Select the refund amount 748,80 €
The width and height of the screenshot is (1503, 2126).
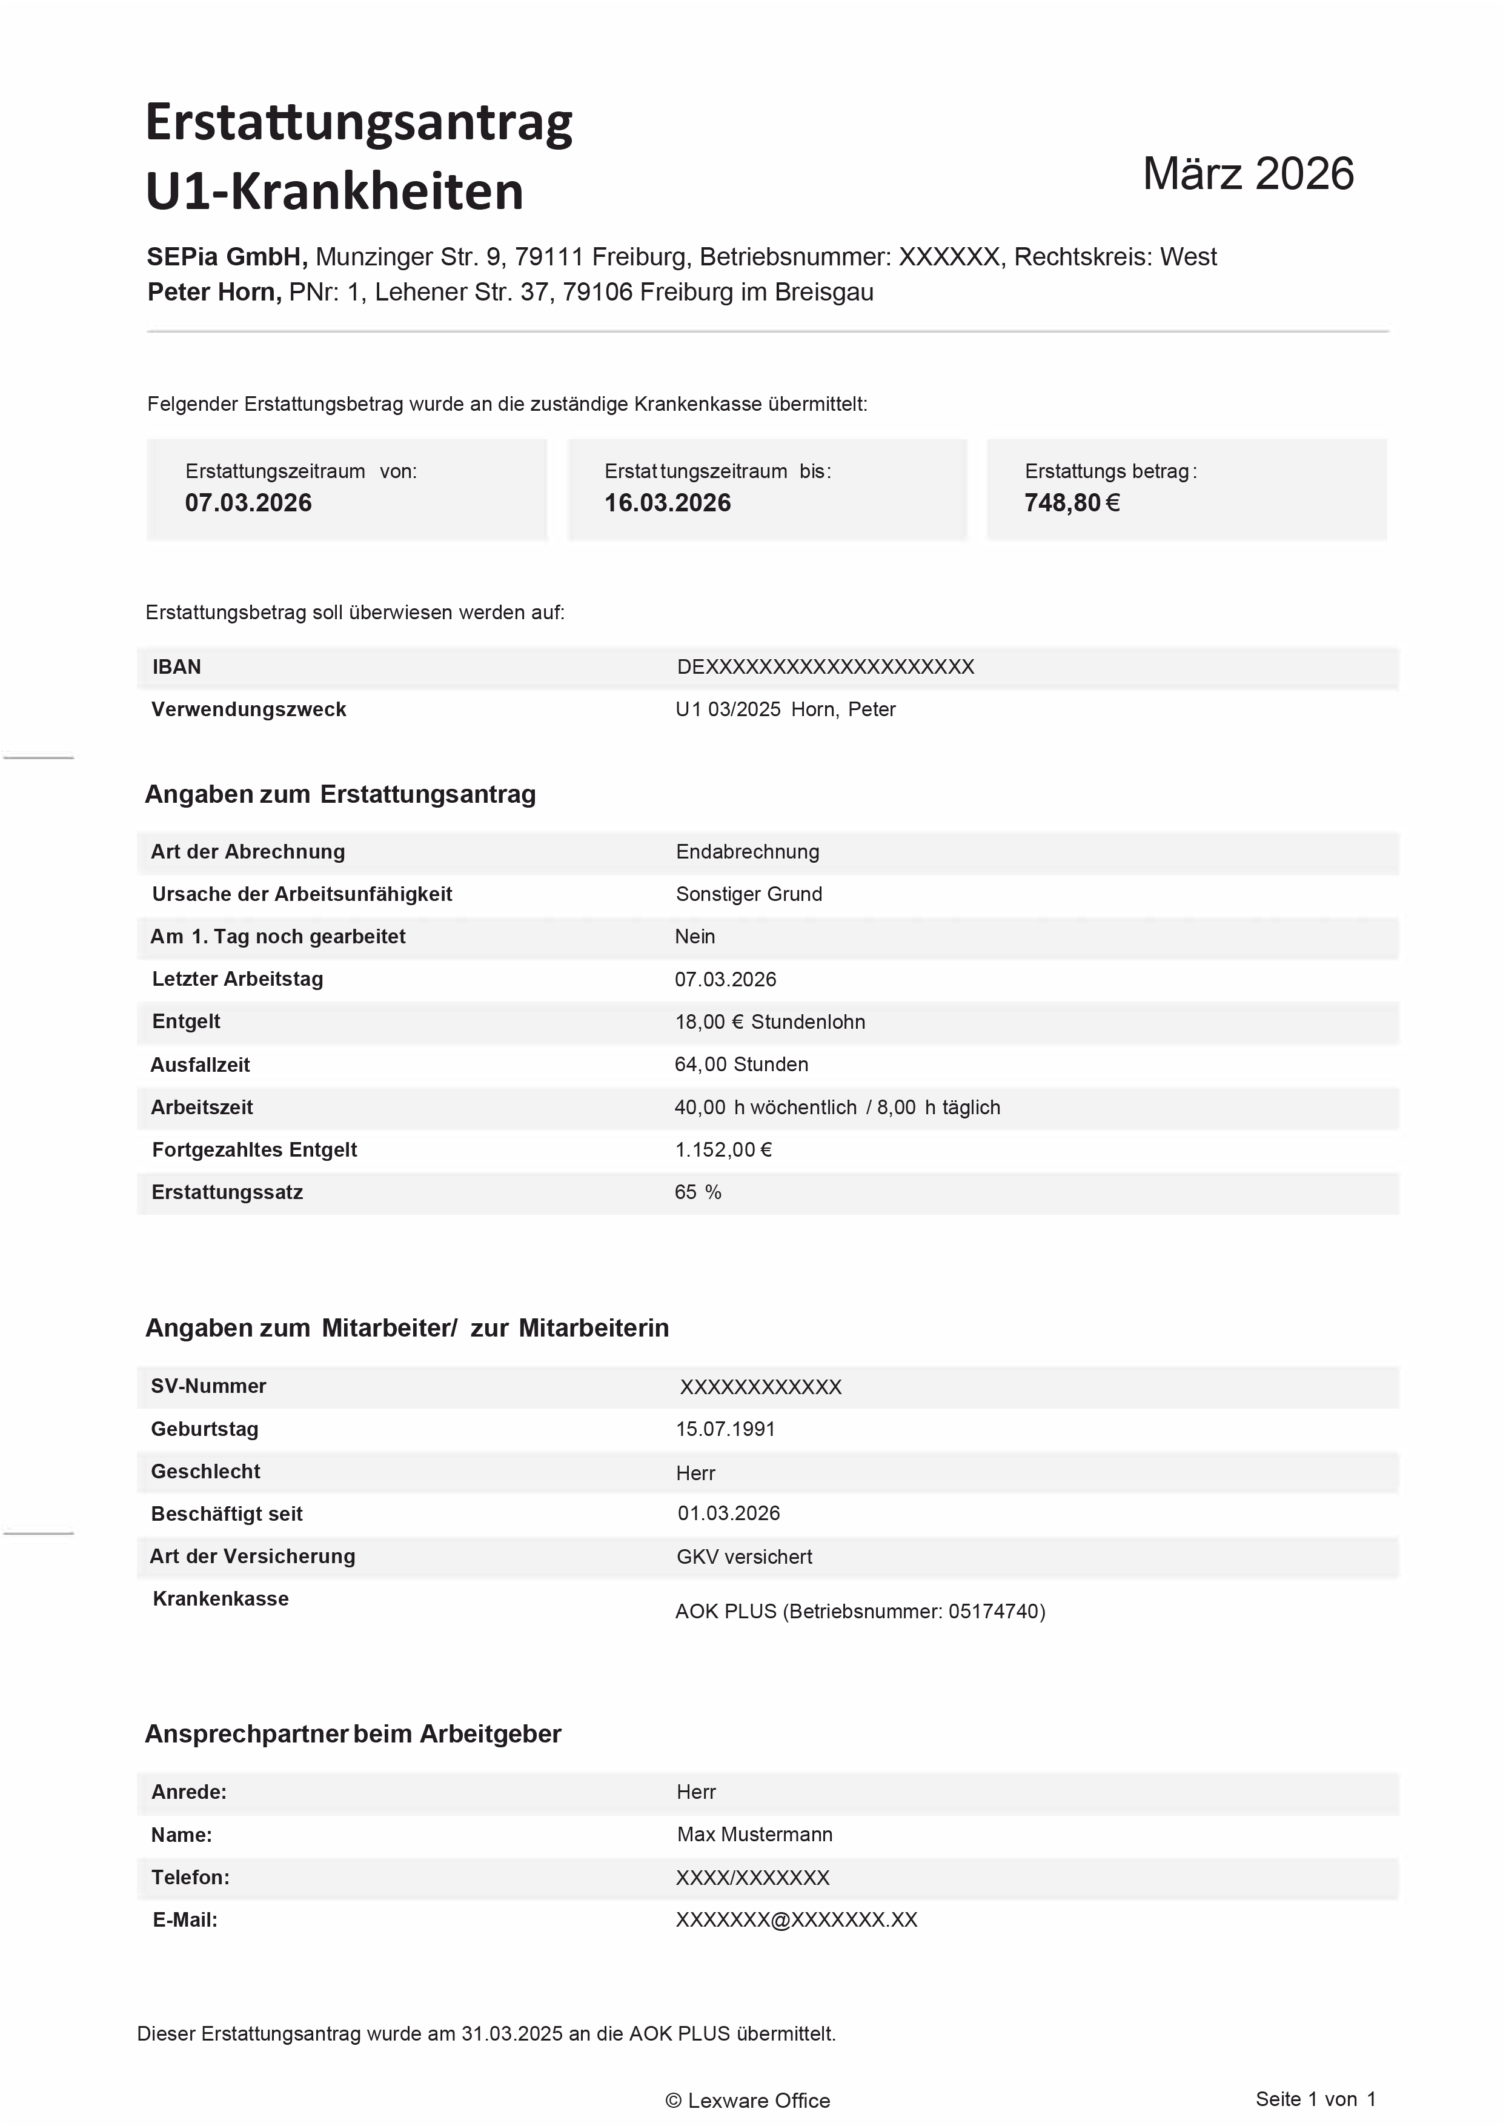pyautogui.click(x=1072, y=503)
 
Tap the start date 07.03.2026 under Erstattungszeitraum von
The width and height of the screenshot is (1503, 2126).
pyautogui.click(x=248, y=503)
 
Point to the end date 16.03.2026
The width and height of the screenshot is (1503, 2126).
pyautogui.click(x=668, y=503)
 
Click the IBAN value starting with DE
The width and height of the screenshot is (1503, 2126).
pyautogui.click(x=825, y=666)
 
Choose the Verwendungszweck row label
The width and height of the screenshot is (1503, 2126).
pyautogui.click(x=248, y=709)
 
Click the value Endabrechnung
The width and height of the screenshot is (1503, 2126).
pyautogui.click(x=748, y=852)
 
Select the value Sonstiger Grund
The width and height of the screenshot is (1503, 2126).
pyautogui.click(x=748, y=894)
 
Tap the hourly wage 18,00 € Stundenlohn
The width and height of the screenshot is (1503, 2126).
pyautogui.click(x=769, y=1022)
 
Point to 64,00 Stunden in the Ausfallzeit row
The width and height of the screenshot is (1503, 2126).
pyautogui.click(x=741, y=1065)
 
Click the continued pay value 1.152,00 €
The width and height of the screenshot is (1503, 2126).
pyautogui.click(x=723, y=1150)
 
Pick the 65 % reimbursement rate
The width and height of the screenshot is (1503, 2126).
pyautogui.click(x=697, y=1192)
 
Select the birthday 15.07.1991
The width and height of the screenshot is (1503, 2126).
pyautogui.click(x=725, y=1429)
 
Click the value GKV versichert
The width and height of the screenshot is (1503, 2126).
pyautogui.click(x=744, y=1556)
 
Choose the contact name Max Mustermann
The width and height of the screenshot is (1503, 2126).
pyautogui.click(x=755, y=1835)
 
